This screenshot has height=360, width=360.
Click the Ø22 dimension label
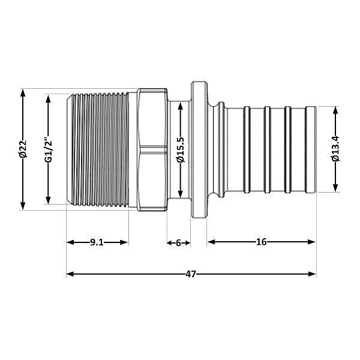click(x=23, y=149)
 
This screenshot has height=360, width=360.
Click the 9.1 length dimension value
click(x=97, y=242)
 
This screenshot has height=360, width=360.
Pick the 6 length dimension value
click(x=178, y=242)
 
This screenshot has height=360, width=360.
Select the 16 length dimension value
click(x=261, y=242)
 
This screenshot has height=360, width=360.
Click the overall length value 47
click(x=191, y=274)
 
